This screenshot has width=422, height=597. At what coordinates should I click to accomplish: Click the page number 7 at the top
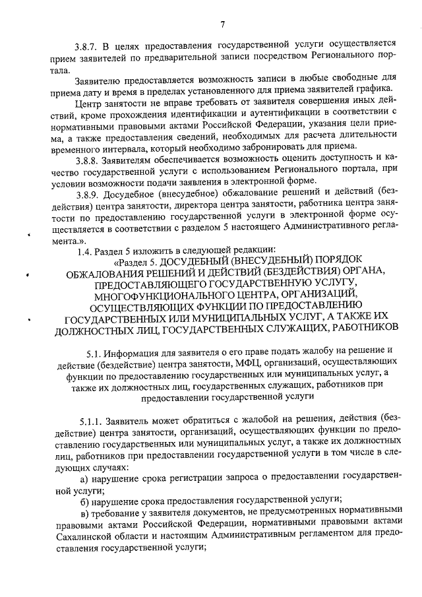pyautogui.click(x=223, y=24)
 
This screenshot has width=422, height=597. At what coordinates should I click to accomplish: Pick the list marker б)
pyautogui.click(x=84, y=499)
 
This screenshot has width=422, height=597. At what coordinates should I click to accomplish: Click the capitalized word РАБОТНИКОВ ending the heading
pyautogui.click(x=358, y=327)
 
